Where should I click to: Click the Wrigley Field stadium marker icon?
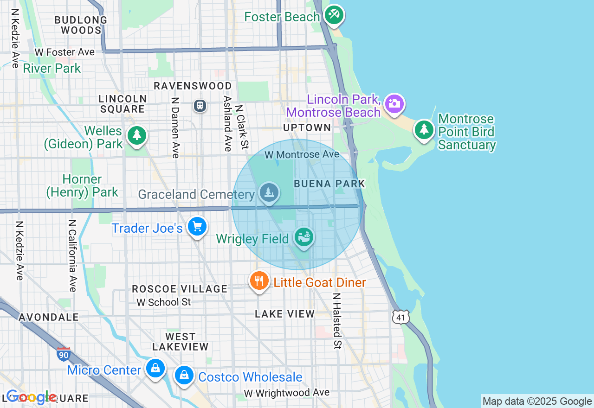tap(304, 237)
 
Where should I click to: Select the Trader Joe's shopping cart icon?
tap(198, 227)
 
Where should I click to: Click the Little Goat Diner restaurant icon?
tap(259, 280)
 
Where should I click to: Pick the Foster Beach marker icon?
tap(334, 15)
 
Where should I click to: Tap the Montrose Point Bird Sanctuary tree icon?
tap(424, 129)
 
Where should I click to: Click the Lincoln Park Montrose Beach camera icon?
tap(394, 103)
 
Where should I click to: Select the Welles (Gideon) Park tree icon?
tap(136, 136)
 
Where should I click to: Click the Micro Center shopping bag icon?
tap(155, 369)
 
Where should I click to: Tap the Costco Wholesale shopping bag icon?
tap(184, 375)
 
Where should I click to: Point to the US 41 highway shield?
tap(400, 317)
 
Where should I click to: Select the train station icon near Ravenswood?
tap(200, 106)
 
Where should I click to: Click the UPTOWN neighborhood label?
tap(308, 127)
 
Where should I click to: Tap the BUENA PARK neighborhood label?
tap(329, 184)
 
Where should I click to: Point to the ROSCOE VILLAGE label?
tap(180, 289)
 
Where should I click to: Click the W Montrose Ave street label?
tap(302, 154)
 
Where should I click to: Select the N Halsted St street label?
tap(337, 321)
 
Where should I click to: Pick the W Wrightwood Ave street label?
tap(287, 393)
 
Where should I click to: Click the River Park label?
tap(52, 69)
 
